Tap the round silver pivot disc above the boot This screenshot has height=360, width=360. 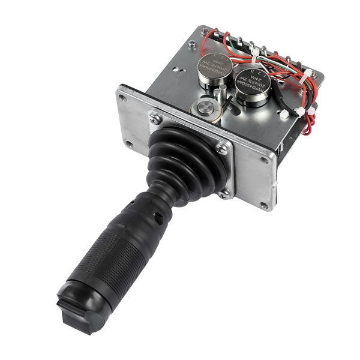pos(204,109)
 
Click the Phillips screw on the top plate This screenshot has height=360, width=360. pos(192,43)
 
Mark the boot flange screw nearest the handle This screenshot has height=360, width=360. pos(226,193)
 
